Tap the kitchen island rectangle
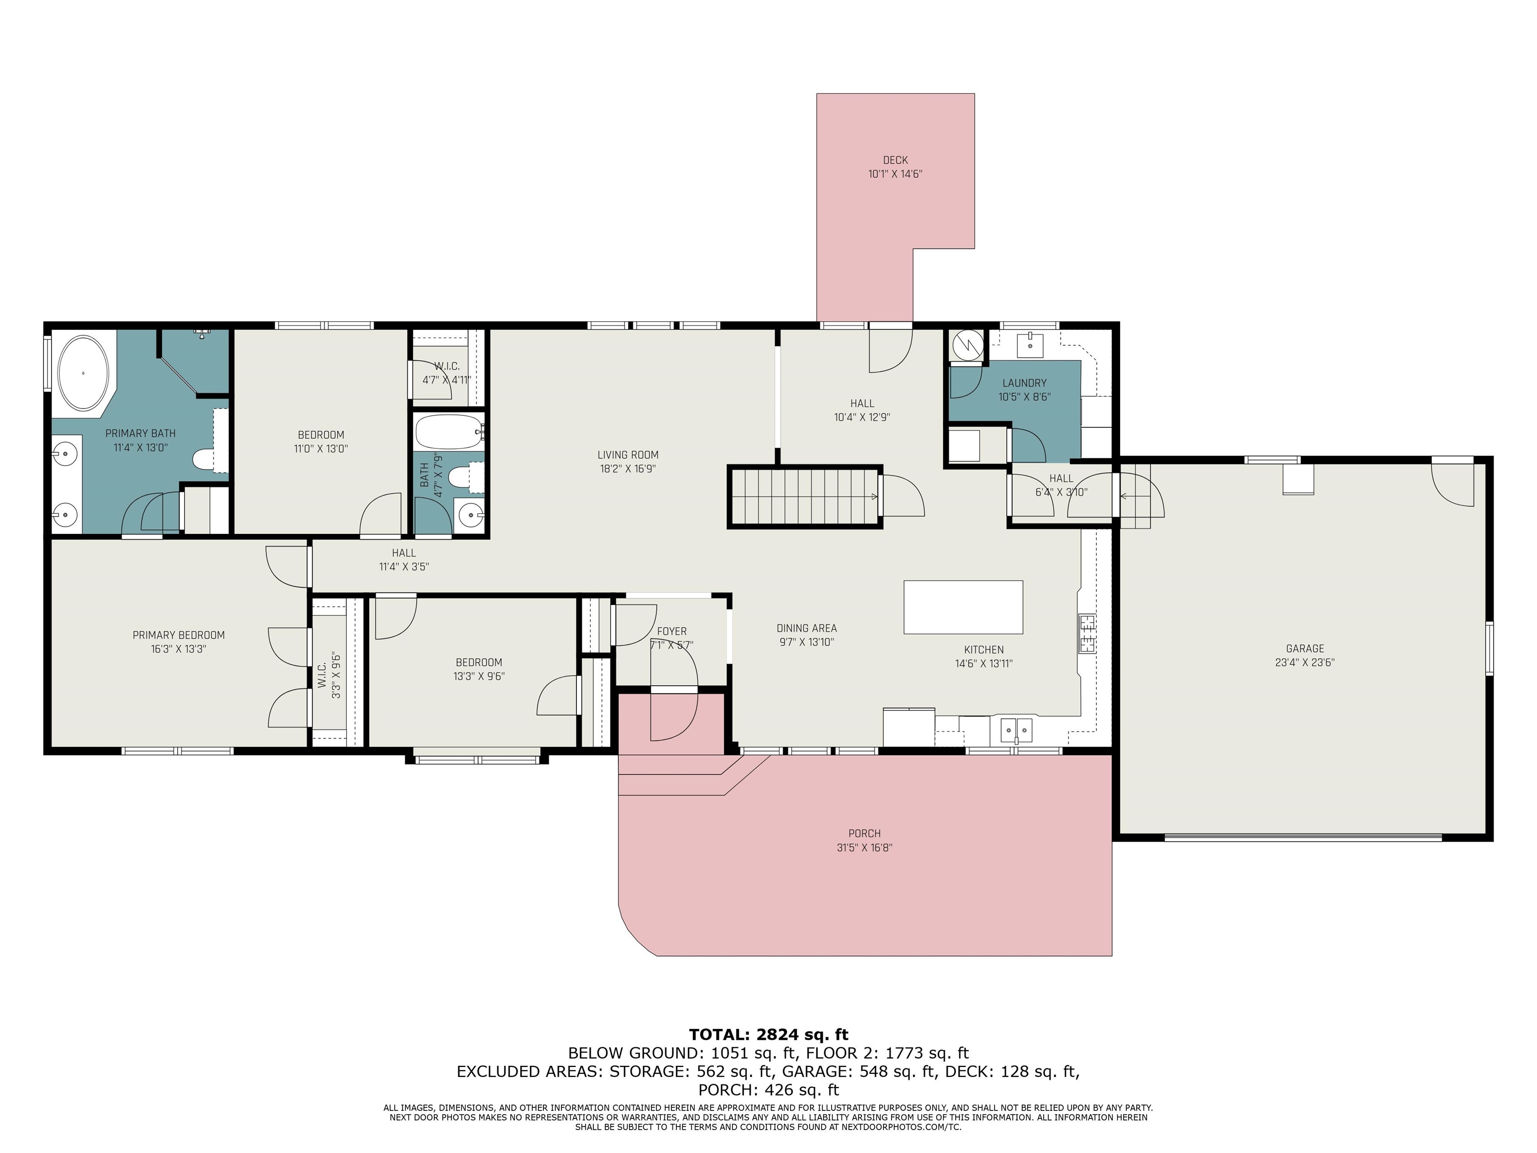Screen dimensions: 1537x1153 point(963,607)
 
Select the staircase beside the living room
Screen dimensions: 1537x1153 point(805,497)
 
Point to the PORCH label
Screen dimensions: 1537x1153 point(865,833)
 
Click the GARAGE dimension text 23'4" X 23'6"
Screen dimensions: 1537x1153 point(1305,663)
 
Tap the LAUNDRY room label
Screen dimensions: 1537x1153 point(1024,383)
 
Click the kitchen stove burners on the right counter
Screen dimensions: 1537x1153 point(1087,633)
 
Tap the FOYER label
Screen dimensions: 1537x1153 point(672,631)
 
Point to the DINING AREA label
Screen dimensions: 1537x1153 point(807,628)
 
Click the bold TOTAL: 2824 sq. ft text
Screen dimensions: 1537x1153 point(768,1035)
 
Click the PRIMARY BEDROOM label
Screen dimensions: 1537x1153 point(179,635)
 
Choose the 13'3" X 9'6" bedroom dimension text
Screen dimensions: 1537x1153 point(479,676)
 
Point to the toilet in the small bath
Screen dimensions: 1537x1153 point(460,477)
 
